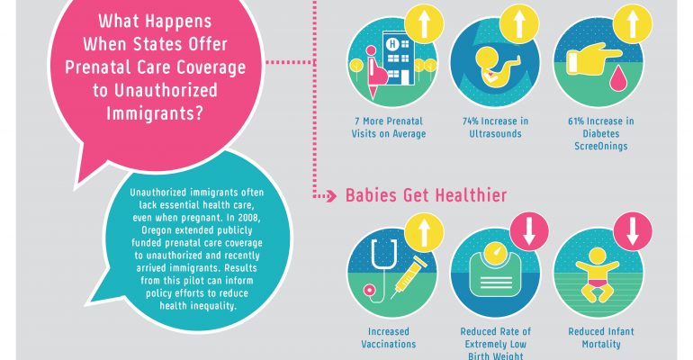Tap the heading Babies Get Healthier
[426, 195]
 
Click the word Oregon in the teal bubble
[157, 230]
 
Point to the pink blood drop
[616, 79]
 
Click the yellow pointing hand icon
[593, 58]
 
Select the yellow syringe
[409, 278]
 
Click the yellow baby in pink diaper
[598, 274]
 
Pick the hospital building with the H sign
[399, 58]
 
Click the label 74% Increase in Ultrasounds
[495, 127]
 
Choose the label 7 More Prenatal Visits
[389, 127]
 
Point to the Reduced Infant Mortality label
[601, 337]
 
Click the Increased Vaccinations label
[389, 337]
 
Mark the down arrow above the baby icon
[633, 230]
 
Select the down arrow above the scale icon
[529, 230]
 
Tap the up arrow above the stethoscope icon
[424, 232]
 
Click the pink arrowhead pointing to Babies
[332, 196]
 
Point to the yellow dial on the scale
[495, 252]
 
